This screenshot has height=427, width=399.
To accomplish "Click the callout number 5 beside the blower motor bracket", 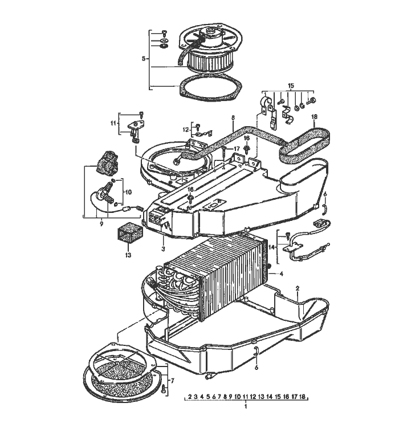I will (143, 58).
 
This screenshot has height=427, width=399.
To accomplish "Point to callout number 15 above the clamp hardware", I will (291, 86).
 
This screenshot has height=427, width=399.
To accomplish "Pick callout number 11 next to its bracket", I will (113, 123).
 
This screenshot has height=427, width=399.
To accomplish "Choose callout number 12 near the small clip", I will (186, 129).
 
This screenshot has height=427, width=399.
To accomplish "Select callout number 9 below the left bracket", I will (100, 225).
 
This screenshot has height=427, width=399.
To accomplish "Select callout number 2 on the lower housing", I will (297, 289).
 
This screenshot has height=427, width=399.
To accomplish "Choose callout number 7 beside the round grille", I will (173, 379).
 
